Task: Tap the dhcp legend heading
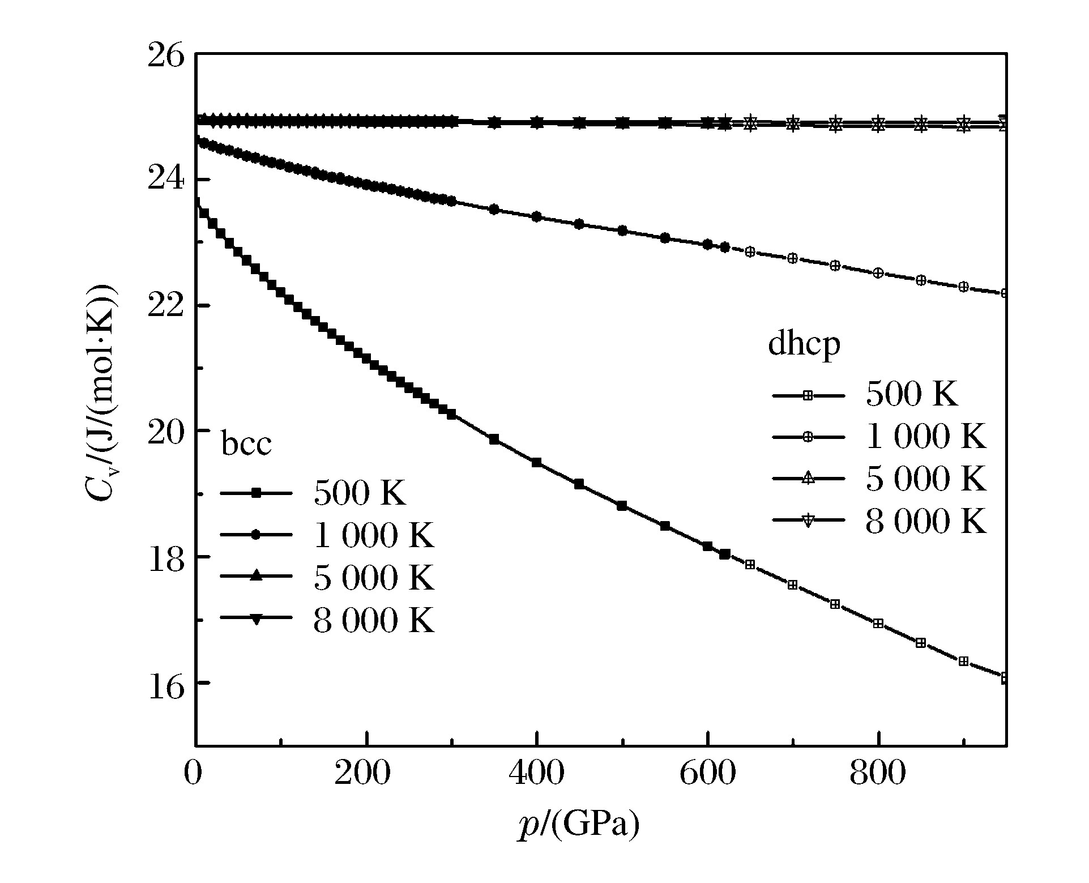[804, 344]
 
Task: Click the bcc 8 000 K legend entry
[327, 620]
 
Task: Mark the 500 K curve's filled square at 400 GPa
[536, 462]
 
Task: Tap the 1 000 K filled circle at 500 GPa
[622, 231]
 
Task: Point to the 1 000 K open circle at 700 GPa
[793, 258]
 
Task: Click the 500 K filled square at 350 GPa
[494, 440]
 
